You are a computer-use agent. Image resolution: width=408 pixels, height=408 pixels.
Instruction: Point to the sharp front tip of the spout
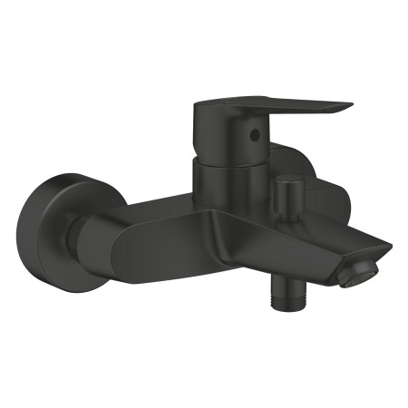(x=390, y=244)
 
